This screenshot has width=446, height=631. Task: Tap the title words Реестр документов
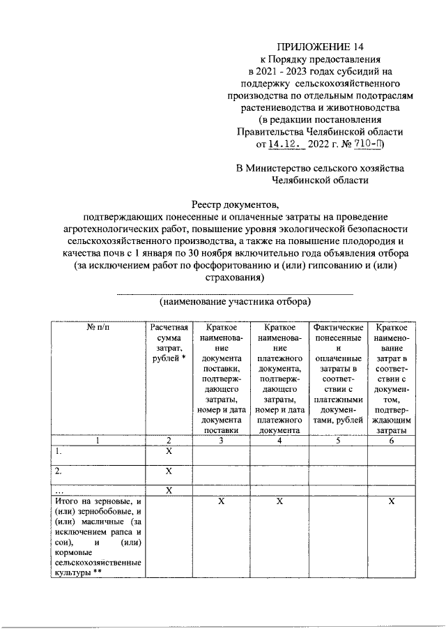(x=234, y=204)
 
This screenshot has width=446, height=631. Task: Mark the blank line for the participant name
(x=234, y=294)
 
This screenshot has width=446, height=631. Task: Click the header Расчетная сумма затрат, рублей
(x=168, y=342)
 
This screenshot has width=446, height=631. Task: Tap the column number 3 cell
(x=220, y=440)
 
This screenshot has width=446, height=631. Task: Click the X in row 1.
(x=168, y=452)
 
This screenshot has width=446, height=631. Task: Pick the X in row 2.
(x=168, y=472)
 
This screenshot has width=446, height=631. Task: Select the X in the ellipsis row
(x=168, y=490)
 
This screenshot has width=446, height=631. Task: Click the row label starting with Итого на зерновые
(x=98, y=537)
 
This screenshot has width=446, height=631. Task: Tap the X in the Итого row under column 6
(x=392, y=501)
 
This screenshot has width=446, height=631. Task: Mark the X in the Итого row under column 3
(x=220, y=501)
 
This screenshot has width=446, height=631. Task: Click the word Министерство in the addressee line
(x=289, y=168)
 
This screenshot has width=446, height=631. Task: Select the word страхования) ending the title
(x=234, y=277)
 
